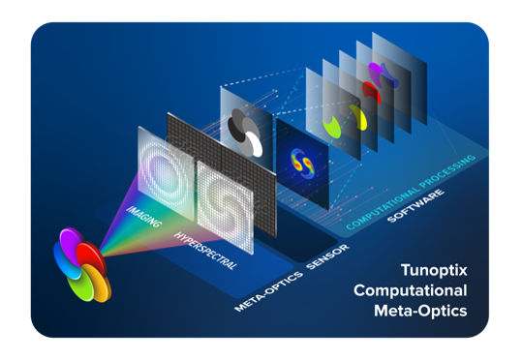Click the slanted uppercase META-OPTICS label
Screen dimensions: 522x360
pos(268,287)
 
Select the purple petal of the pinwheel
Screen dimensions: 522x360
pos(71,243)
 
